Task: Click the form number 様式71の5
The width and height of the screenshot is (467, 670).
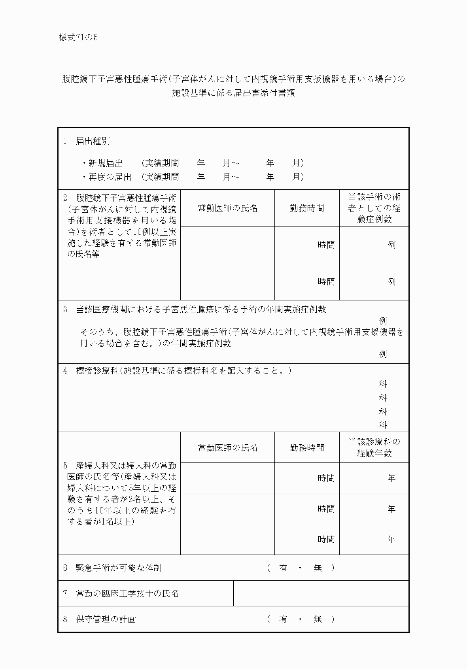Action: (x=78, y=38)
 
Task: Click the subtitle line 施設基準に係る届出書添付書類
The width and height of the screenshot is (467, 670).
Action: (x=233, y=93)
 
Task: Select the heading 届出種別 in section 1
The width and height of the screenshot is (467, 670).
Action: (x=93, y=141)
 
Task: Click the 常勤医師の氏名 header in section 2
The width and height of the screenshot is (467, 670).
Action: (x=227, y=208)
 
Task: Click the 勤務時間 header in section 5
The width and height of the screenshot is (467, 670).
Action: (x=307, y=447)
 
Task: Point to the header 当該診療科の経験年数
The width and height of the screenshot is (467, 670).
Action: (x=374, y=447)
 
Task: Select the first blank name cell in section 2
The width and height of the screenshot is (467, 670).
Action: (x=227, y=245)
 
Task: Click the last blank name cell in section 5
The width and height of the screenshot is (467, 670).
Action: (x=227, y=539)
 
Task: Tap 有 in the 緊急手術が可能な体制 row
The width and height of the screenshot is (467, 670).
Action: (x=283, y=568)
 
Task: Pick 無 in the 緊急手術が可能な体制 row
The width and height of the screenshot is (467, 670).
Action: (x=318, y=568)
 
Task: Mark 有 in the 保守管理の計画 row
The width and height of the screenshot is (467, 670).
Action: (x=283, y=619)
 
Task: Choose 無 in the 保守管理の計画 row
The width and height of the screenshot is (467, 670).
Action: (x=318, y=619)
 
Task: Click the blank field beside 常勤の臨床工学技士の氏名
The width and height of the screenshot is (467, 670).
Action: (x=321, y=593)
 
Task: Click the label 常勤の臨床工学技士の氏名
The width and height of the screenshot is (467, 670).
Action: (x=127, y=594)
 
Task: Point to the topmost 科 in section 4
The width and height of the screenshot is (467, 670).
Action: (x=383, y=384)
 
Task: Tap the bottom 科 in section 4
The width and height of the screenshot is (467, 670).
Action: (x=383, y=425)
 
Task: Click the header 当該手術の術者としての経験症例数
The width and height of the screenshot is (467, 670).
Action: (x=374, y=208)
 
